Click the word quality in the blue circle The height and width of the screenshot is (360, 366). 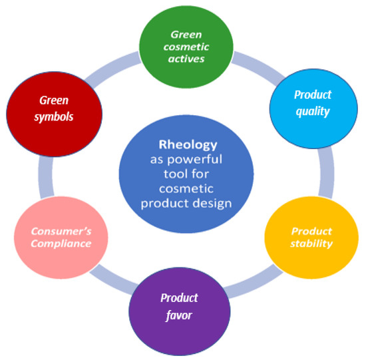313,111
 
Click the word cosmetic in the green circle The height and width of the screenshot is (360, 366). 187,47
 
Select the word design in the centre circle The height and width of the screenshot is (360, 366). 214,203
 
